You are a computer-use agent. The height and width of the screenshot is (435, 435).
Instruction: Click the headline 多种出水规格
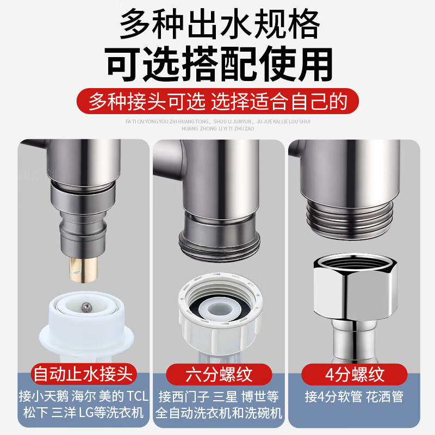click(x=217, y=24)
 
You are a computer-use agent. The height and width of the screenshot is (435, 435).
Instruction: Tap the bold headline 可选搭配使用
click(x=217, y=64)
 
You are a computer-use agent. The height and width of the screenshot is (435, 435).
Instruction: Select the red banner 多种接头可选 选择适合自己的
click(x=217, y=101)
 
